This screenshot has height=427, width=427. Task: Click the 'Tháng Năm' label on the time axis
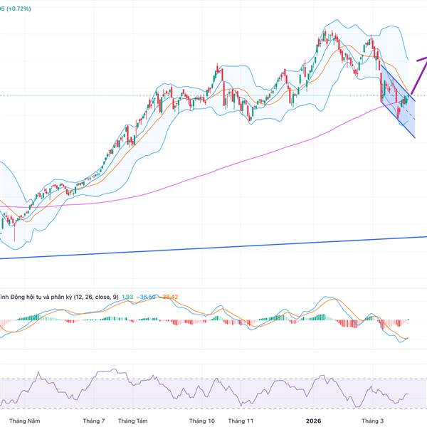(x=24, y=421)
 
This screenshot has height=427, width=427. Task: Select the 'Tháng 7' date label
(x=95, y=421)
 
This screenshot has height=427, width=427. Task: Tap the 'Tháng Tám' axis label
(x=132, y=421)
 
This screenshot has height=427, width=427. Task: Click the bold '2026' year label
(x=313, y=421)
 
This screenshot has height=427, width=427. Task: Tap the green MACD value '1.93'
(x=128, y=295)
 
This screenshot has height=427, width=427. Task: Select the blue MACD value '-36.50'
(x=148, y=295)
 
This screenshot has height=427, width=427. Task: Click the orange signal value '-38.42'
(x=171, y=295)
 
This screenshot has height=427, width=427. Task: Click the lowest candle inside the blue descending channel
(x=399, y=115)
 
